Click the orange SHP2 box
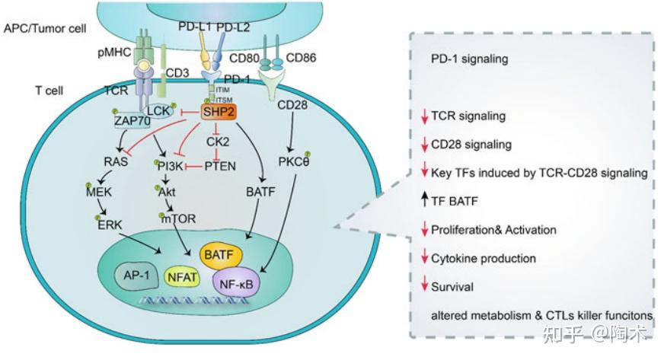pos(218,112)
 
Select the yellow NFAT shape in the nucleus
pos(182,277)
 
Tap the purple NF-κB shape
pos(236,282)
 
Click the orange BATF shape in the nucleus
pos(221,255)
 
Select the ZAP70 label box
pos(132,122)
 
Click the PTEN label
pos(220,166)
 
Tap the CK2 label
pos(218,142)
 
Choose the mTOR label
pos(178,218)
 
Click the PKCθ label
pos(294,161)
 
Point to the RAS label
pos(116,161)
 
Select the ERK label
pos(110,225)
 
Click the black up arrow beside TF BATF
pos(424,199)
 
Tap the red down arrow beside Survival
pos(424,284)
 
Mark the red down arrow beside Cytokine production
pos(424,256)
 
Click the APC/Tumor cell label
pos(45,29)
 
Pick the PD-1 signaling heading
pos(469,59)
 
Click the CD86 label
pos(301,58)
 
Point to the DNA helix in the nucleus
pos(194,301)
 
